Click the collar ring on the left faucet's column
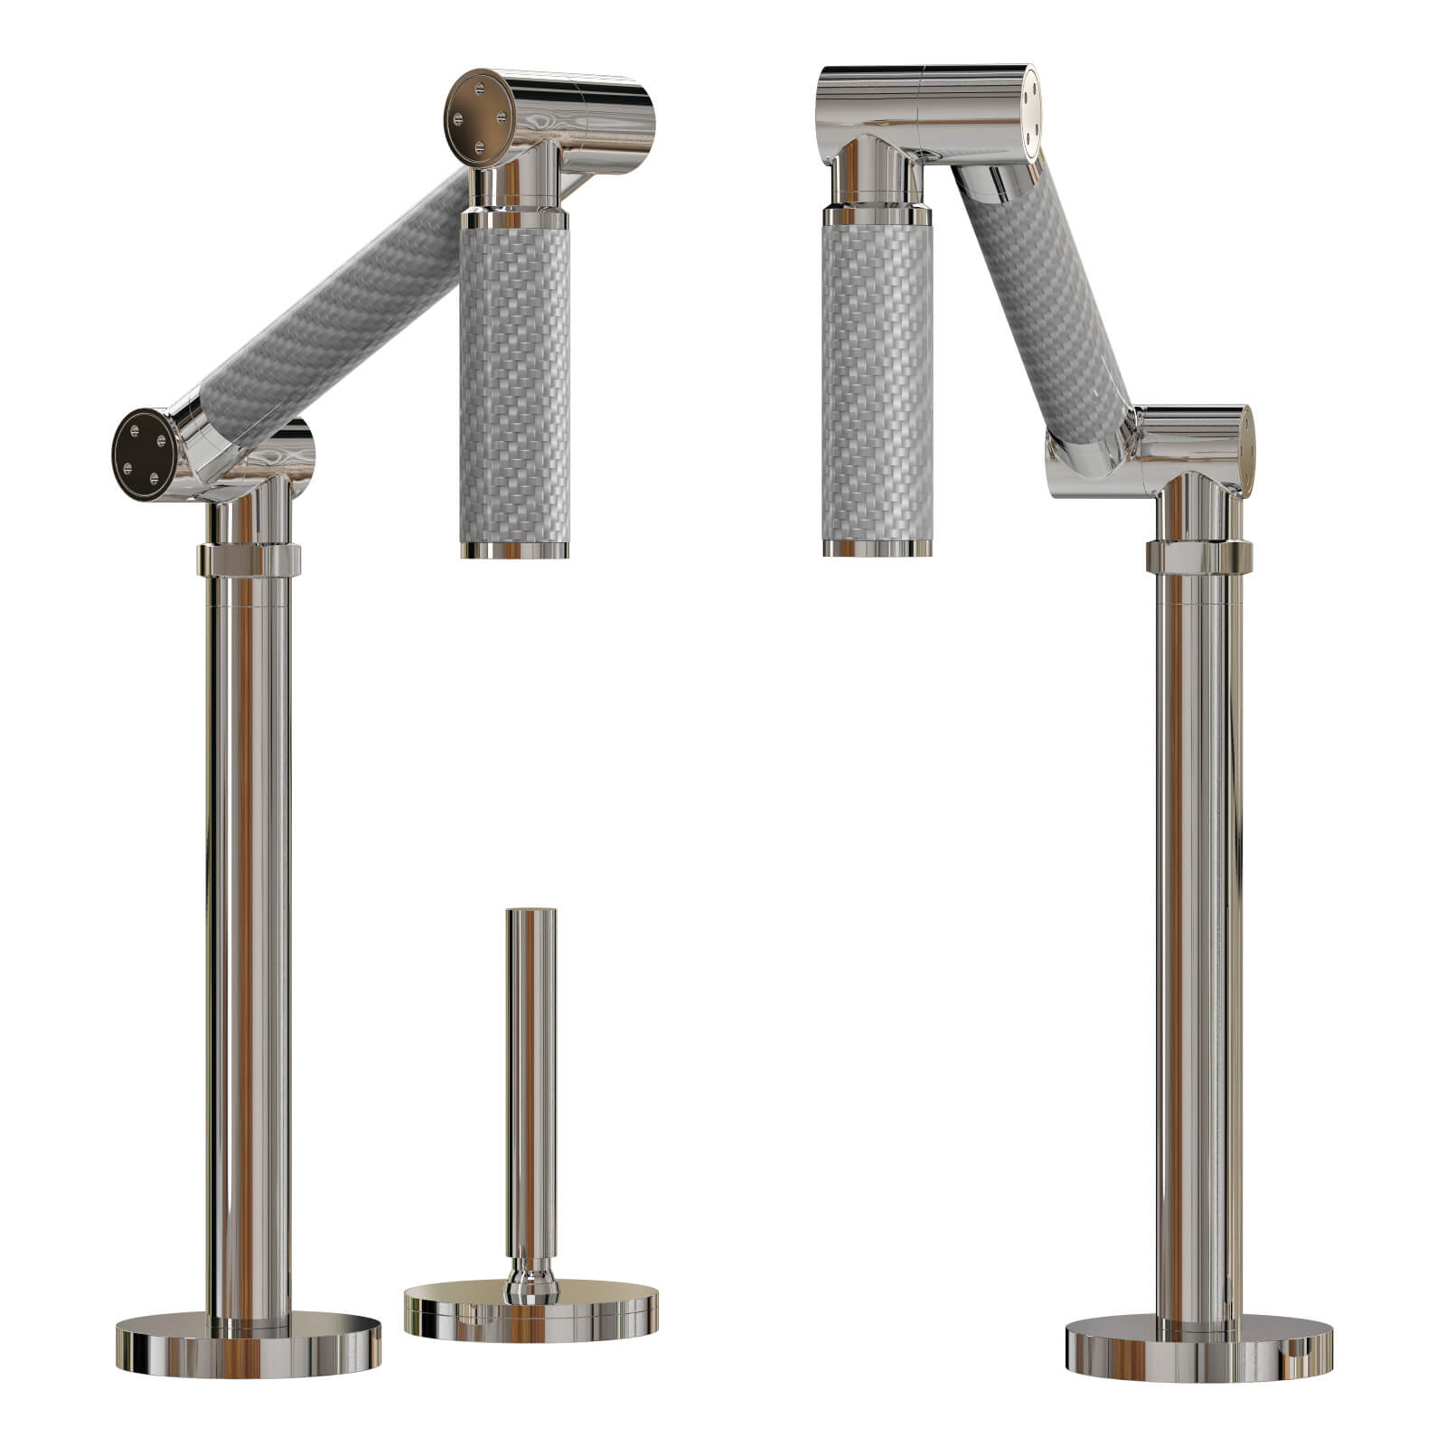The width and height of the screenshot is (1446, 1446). pos(249,559)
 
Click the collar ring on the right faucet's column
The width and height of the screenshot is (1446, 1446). pos(1198,557)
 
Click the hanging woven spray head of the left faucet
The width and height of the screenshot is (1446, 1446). pos(514,380)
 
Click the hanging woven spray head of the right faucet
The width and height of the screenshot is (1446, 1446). pos(877,380)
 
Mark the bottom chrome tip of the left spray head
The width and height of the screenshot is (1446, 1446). pos(514,549)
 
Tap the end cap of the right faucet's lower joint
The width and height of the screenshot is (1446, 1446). pos(1245,452)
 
